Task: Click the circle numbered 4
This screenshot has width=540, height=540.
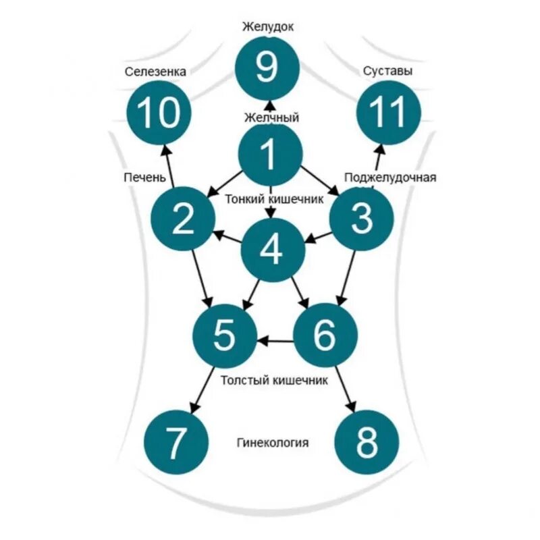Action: (x=273, y=250)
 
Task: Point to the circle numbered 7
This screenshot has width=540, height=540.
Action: (x=175, y=442)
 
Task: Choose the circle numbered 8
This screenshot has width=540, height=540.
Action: (x=367, y=442)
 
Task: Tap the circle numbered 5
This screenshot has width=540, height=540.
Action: (x=225, y=335)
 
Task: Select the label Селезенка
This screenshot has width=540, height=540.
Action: (x=155, y=71)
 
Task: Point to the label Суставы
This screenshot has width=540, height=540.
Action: (x=388, y=70)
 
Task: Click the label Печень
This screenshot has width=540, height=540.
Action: (x=144, y=177)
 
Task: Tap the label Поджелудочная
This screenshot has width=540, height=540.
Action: (x=390, y=178)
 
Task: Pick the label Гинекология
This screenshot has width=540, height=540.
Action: (x=273, y=443)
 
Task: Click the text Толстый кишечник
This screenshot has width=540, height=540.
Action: (x=274, y=380)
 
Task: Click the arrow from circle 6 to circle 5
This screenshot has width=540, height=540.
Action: (x=275, y=341)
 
